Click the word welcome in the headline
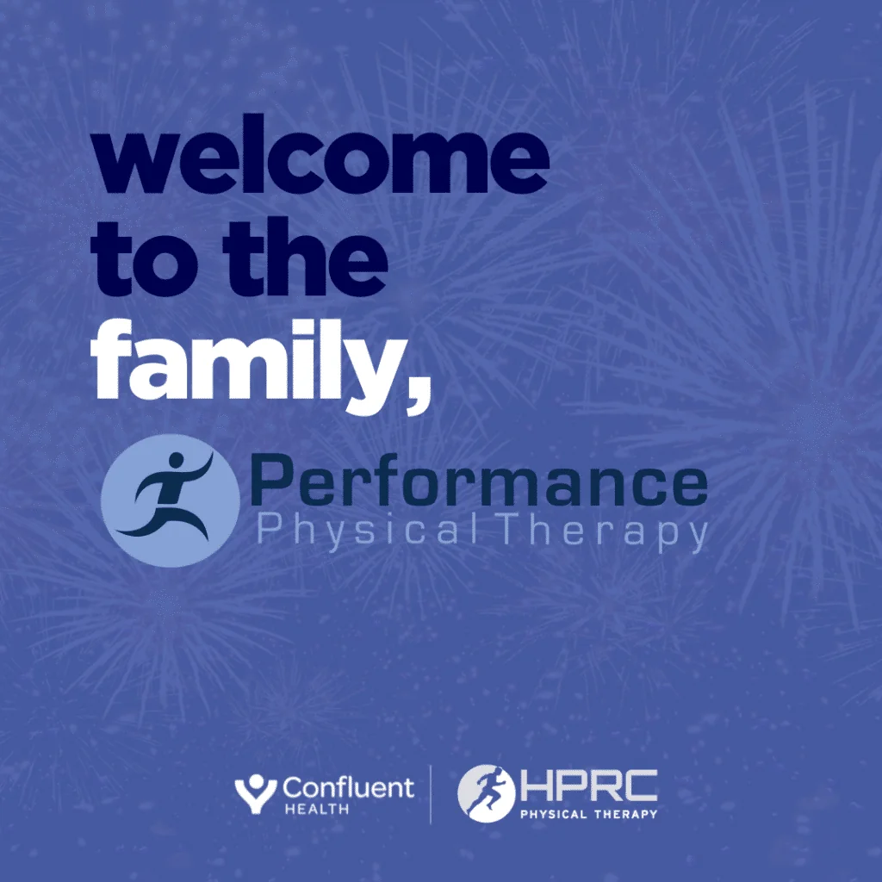point(320,154)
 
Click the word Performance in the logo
point(479,481)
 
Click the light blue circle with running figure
point(171,500)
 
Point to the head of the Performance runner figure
point(176,460)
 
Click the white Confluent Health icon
point(256,793)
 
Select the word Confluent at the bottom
point(348,787)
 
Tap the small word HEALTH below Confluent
point(317,810)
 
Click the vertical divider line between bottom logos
point(431,794)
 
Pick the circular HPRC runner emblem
point(486,793)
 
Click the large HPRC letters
point(588,786)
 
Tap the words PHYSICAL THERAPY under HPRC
point(588,814)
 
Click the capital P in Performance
point(270,480)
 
